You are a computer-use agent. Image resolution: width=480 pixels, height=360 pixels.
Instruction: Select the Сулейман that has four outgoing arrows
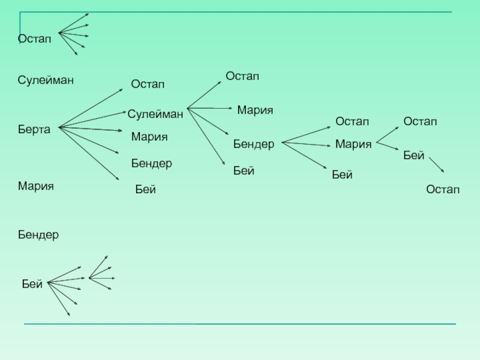155,113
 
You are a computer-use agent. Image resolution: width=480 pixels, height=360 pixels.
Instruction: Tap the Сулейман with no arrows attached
46,80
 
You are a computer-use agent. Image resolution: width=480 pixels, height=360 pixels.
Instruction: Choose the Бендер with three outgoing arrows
254,145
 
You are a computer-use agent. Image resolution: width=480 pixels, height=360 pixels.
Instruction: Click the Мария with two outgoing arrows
353,144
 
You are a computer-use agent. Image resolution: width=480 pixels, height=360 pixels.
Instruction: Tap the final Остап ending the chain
443,190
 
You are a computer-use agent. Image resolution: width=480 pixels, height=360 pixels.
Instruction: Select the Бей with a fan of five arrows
32,284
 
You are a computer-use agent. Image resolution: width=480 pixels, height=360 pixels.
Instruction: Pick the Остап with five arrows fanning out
34,39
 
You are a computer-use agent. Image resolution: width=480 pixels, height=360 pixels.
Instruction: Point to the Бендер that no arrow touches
38,235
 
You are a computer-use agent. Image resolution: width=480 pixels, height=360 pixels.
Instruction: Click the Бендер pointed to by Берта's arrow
152,163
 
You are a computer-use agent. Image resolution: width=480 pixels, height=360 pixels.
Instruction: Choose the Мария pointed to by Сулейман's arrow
255,110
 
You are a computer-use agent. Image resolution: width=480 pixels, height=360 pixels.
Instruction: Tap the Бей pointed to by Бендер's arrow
342,175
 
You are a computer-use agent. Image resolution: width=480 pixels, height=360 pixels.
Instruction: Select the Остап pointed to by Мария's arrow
420,122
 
